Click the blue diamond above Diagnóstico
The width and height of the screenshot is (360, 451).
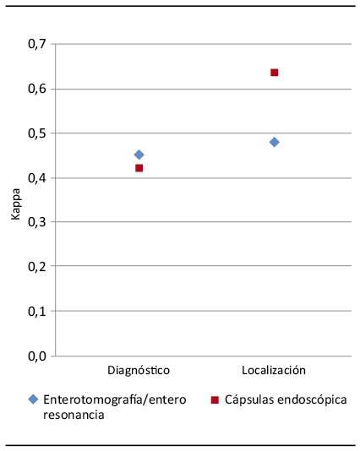(139, 155)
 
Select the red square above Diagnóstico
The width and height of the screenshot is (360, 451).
(139, 168)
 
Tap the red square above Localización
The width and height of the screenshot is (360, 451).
(275, 73)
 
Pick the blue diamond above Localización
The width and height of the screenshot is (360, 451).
(275, 142)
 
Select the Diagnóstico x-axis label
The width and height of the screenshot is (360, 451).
(139, 371)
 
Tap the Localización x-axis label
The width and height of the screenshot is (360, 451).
(274, 371)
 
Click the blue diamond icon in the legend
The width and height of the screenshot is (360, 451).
(32, 399)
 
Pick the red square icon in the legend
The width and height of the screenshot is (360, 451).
(215, 399)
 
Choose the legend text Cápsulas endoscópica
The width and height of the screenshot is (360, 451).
(286, 399)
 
